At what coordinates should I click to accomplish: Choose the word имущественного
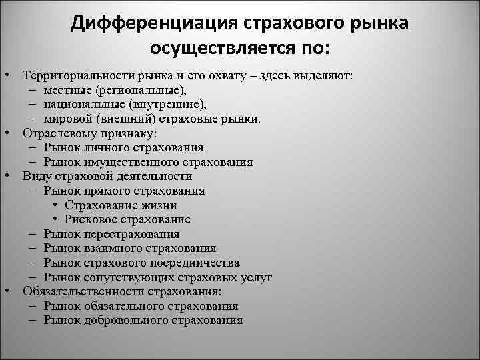(x=131, y=162)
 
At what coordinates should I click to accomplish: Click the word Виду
(x=35, y=176)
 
